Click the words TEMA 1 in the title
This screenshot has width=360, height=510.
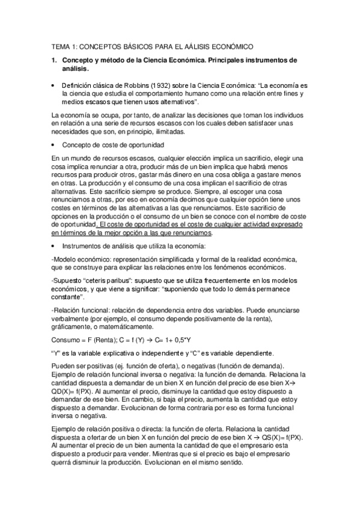(62, 45)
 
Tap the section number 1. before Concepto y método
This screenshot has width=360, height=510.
(54, 60)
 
